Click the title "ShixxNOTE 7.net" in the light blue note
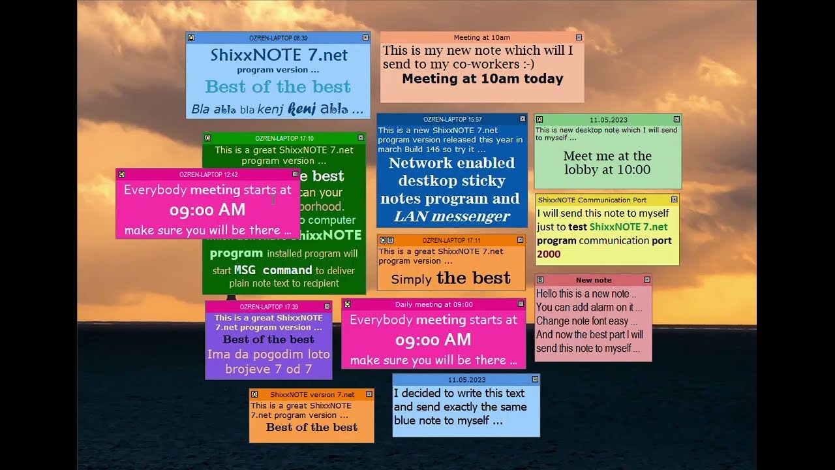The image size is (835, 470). (279, 55)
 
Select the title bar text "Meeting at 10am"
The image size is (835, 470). (481, 38)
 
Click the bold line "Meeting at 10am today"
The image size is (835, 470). (482, 79)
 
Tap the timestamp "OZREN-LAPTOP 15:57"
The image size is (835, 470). (452, 119)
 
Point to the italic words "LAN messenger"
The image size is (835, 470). (451, 216)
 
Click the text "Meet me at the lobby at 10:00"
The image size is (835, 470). (607, 163)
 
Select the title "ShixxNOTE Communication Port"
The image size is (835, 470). (592, 200)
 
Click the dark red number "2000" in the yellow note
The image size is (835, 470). (549, 255)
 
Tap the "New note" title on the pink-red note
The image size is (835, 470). (593, 280)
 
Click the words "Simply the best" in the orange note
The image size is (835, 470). (451, 278)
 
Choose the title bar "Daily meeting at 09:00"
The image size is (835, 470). (434, 304)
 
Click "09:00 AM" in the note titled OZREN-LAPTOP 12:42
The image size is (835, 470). (207, 210)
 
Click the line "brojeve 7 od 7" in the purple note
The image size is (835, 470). (269, 369)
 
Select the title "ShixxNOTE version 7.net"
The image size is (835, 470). (312, 394)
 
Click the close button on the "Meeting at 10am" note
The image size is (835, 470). (578, 38)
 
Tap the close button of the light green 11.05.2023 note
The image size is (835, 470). (676, 119)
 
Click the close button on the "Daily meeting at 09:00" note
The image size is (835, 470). (520, 304)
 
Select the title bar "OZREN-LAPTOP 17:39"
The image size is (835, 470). (269, 307)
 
